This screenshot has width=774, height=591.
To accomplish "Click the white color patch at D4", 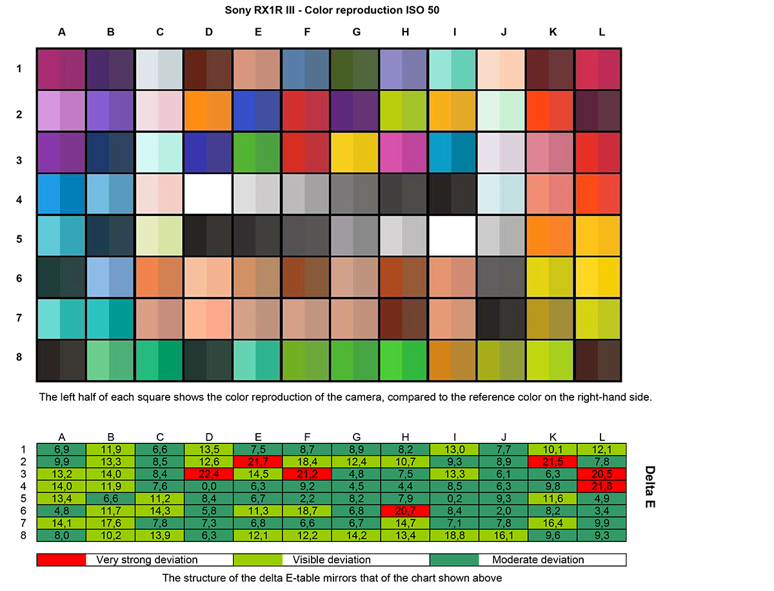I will click(x=208, y=194).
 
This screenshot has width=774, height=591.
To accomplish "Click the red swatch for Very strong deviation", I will click(x=61, y=559).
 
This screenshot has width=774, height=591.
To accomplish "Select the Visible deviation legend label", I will click(x=332, y=559).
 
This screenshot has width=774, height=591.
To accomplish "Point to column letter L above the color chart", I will click(x=602, y=32).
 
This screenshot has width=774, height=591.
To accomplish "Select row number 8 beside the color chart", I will click(x=20, y=357).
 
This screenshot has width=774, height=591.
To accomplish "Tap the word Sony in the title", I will click(x=237, y=10).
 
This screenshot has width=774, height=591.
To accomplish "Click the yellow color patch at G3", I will click(x=356, y=152).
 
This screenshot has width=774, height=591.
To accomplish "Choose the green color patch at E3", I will click(x=258, y=152).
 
